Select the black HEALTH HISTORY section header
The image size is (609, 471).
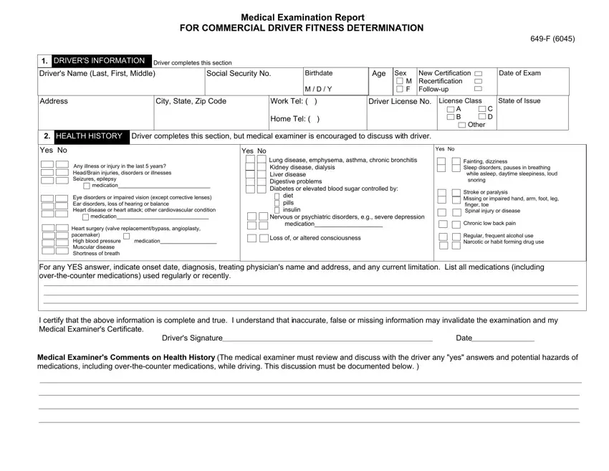pyautogui.click(x=89, y=136)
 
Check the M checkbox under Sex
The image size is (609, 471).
pyautogui.click(x=399, y=81)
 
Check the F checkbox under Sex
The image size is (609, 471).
pyautogui.click(x=399, y=89)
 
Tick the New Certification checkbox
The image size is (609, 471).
pyautogui.click(x=479, y=74)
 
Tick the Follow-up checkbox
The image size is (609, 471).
pyautogui.click(x=479, y=89)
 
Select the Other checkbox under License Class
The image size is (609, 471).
pyautogui.click(x=462, y=125)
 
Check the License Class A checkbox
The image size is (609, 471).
pyautogui.click(x=450, y=109)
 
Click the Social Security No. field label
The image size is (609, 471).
pyautogui.click(x=239, y=74)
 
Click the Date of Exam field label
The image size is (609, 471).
pyautogui.click(x=519, y=74)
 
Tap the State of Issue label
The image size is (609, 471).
pyautogui.click(x=519, y=101)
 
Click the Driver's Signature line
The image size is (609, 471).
pyautogui.click(x=326, y=338)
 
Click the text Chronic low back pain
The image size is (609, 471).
pyautogui.click(x=489, y=224)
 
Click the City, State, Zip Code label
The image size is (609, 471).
pyautogui.click(x=191, y=102)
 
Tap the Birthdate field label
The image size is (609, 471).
pyautogui.click(x=319, y=74)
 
